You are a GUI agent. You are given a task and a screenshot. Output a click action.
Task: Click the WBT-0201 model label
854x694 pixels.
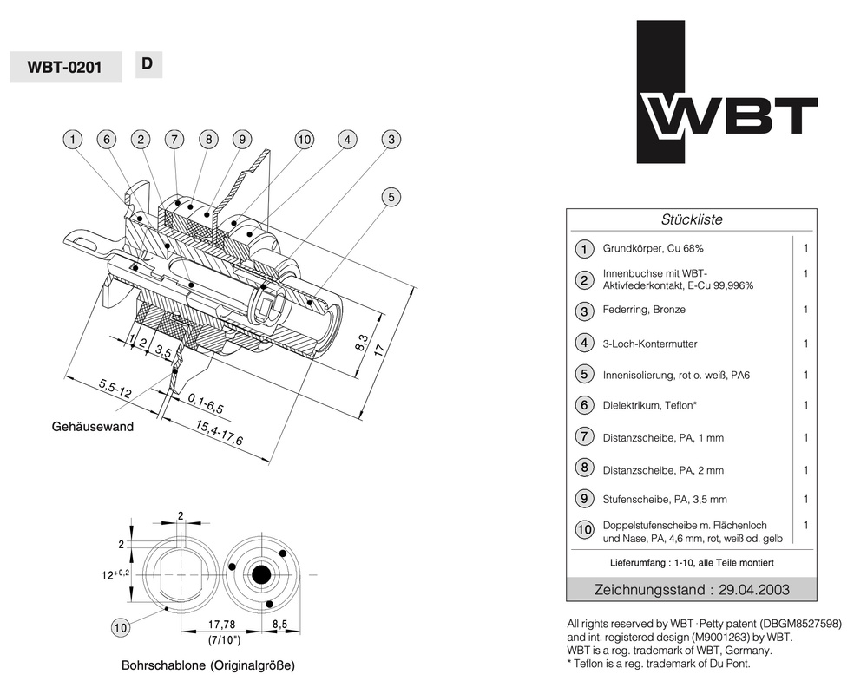click(x=64, y=68)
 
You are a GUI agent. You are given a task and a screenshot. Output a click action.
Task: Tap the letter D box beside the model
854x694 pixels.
click(x=148, y=63)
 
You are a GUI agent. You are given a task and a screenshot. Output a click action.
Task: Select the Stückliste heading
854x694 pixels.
click(x=691, y=219)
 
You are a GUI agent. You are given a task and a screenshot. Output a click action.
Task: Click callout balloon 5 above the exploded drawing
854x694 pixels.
click(x=391, y=197)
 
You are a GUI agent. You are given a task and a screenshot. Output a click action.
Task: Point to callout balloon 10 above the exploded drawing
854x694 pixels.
click(x=304, y=139)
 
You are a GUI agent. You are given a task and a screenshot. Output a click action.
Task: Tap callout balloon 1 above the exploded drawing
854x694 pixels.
click(x=74, y=139)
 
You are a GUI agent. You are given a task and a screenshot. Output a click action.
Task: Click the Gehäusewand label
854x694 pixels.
click(x=93, y=427)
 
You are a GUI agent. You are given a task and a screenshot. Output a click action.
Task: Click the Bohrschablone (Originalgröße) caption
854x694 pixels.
click(x=207, y=666)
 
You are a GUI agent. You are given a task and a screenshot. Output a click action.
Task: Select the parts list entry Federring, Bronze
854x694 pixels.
click(x=644, y=310)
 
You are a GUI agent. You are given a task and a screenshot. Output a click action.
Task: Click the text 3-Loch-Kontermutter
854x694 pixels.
click(x=650, y=344)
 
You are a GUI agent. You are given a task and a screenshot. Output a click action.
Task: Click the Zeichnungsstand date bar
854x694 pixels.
click(x=691, y=589)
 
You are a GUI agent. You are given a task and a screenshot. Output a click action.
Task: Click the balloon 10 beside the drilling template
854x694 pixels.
click(x=122, y=625)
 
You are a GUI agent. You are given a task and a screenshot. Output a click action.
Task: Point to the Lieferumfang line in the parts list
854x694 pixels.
click(x=691, y=563)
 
